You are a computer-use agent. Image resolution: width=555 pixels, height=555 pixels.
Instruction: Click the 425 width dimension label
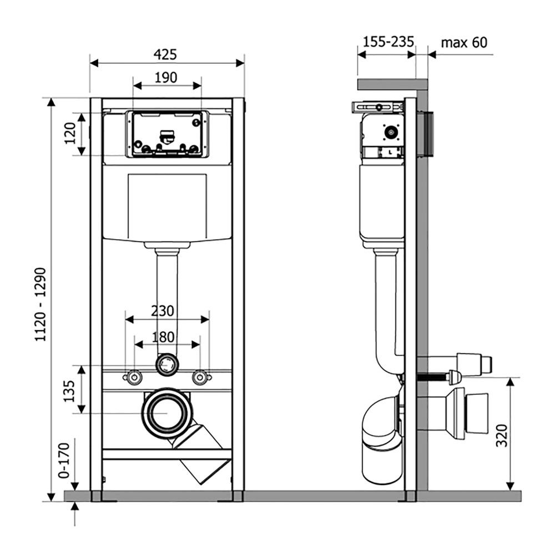[x=165, y=54]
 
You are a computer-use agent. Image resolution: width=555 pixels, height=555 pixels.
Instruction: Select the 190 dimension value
[x=166, y=77]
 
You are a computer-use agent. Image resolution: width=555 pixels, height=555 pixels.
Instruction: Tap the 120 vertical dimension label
[x=70, y=134]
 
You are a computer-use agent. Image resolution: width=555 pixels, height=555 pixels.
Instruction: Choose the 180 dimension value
[x=163, y=337]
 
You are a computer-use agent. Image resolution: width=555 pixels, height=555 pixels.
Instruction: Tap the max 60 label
[x=464, y=42]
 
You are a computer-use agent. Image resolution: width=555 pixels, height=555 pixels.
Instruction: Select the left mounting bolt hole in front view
[x=134, y=377]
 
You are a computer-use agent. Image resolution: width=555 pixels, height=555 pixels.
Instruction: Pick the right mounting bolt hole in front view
[x=200, y=377]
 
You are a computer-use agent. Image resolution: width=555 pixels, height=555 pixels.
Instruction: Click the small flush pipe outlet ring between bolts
[x=167, y=364]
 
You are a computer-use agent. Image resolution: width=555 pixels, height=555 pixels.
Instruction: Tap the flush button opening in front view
[x=167, y=134]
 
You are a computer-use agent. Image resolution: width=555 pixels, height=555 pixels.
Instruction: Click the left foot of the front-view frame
[x=95, y=496]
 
